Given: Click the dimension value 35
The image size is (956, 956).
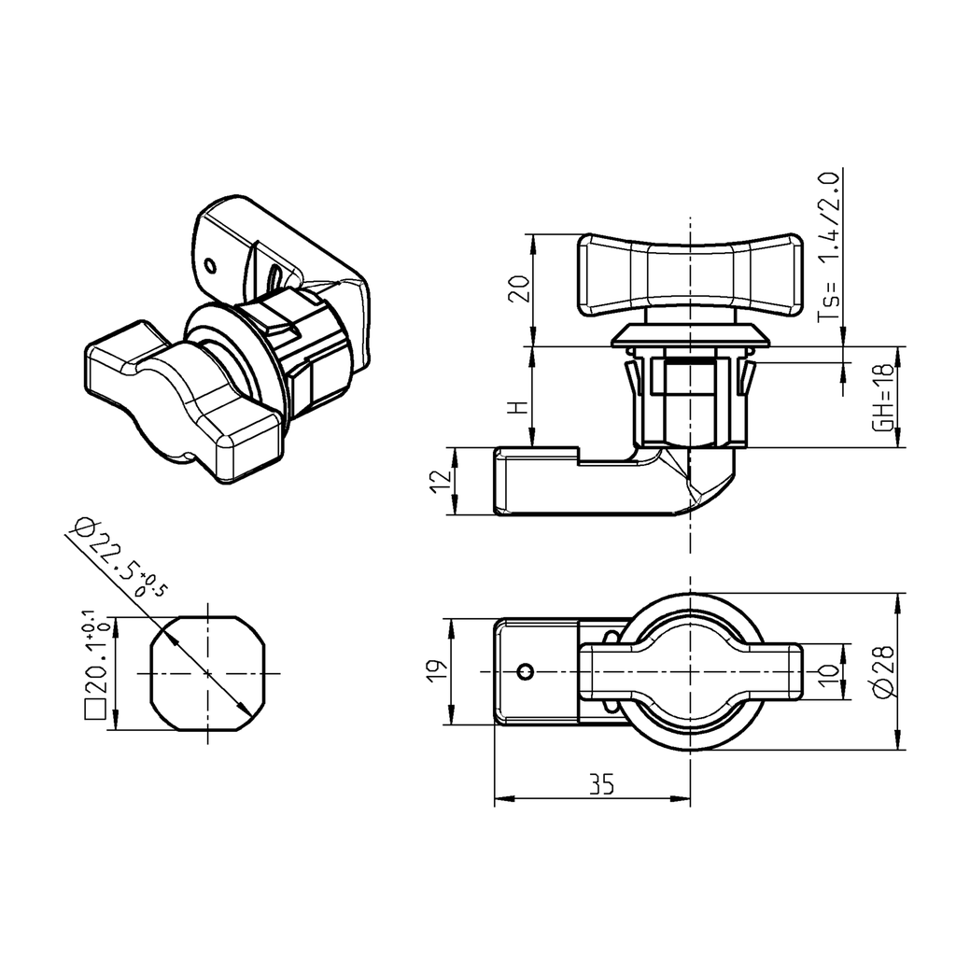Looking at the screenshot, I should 602,785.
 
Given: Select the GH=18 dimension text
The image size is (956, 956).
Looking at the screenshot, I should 881,397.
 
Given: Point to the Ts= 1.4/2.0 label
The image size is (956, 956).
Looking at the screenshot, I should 829,246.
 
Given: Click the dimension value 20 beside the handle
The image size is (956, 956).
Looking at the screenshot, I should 523,289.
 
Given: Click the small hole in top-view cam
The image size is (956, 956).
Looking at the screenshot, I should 527,671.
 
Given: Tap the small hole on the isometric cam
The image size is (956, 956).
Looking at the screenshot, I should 210,265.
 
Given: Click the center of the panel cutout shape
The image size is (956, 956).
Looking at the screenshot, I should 207,673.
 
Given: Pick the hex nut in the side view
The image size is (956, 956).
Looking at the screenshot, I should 688,401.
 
